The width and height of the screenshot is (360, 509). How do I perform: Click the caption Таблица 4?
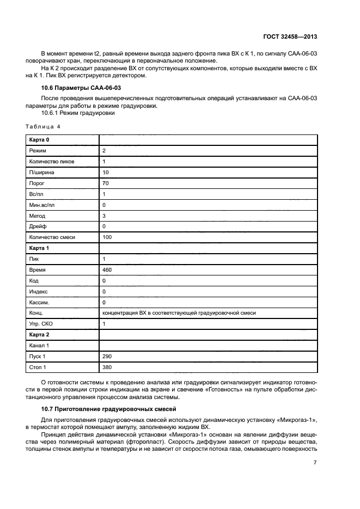[x=43, y=126]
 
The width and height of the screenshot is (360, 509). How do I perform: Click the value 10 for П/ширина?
[x=106, y=172]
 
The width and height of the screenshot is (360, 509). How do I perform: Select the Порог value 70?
[x=106, y=183]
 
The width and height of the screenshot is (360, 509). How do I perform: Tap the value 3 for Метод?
[x=104, y=216]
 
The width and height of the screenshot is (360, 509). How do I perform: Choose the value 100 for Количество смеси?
[x=107, y=237]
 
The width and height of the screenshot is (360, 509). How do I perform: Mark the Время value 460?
[x=107, y=269]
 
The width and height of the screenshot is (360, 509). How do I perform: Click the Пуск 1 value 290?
[x=107, y=356]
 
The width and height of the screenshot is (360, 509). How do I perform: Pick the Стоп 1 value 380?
[x=107, y=367]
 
